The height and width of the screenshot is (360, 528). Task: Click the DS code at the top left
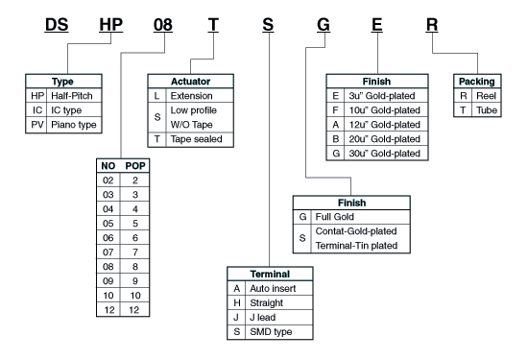59,25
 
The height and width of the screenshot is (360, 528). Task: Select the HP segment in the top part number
112,25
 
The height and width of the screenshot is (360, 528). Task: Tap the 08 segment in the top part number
163,25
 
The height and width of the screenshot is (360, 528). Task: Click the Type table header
61,82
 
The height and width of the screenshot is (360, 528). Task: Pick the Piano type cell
72,125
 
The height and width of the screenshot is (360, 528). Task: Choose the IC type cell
67,110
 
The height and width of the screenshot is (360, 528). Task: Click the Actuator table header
191,82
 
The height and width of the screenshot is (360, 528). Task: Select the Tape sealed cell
197,139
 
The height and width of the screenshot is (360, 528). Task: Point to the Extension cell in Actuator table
192,96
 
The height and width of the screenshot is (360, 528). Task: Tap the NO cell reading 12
108,310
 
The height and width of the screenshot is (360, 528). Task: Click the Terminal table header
271,274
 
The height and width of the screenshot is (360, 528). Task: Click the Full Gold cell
336,218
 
